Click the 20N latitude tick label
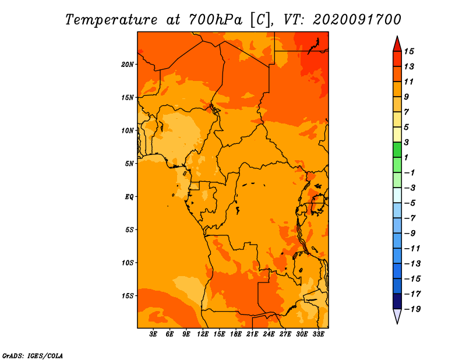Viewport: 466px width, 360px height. pos(128,65)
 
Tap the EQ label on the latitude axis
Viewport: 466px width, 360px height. pos(129,197)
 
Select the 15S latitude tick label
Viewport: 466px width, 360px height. pos(128,296)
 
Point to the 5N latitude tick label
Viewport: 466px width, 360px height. pos(129,164)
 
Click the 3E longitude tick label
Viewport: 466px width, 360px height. pos(153,334)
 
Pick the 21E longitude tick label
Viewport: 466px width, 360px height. pos(252,334)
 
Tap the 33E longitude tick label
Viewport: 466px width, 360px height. pos(318,334)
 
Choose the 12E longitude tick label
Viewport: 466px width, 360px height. pos(203,334)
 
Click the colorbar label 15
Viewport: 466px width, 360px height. pos(409,51)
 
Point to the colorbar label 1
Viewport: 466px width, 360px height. pos(406,157)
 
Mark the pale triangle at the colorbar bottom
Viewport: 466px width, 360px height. pos(397,315)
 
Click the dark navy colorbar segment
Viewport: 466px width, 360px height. pos(397,301)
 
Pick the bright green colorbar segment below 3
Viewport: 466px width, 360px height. pos(397,150)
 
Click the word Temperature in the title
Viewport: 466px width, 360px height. pos(111,20)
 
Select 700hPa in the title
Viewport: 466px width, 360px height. pos(215,20)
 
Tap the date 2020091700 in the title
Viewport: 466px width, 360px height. pos(356,20)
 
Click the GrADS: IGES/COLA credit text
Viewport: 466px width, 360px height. pos(33,356)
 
